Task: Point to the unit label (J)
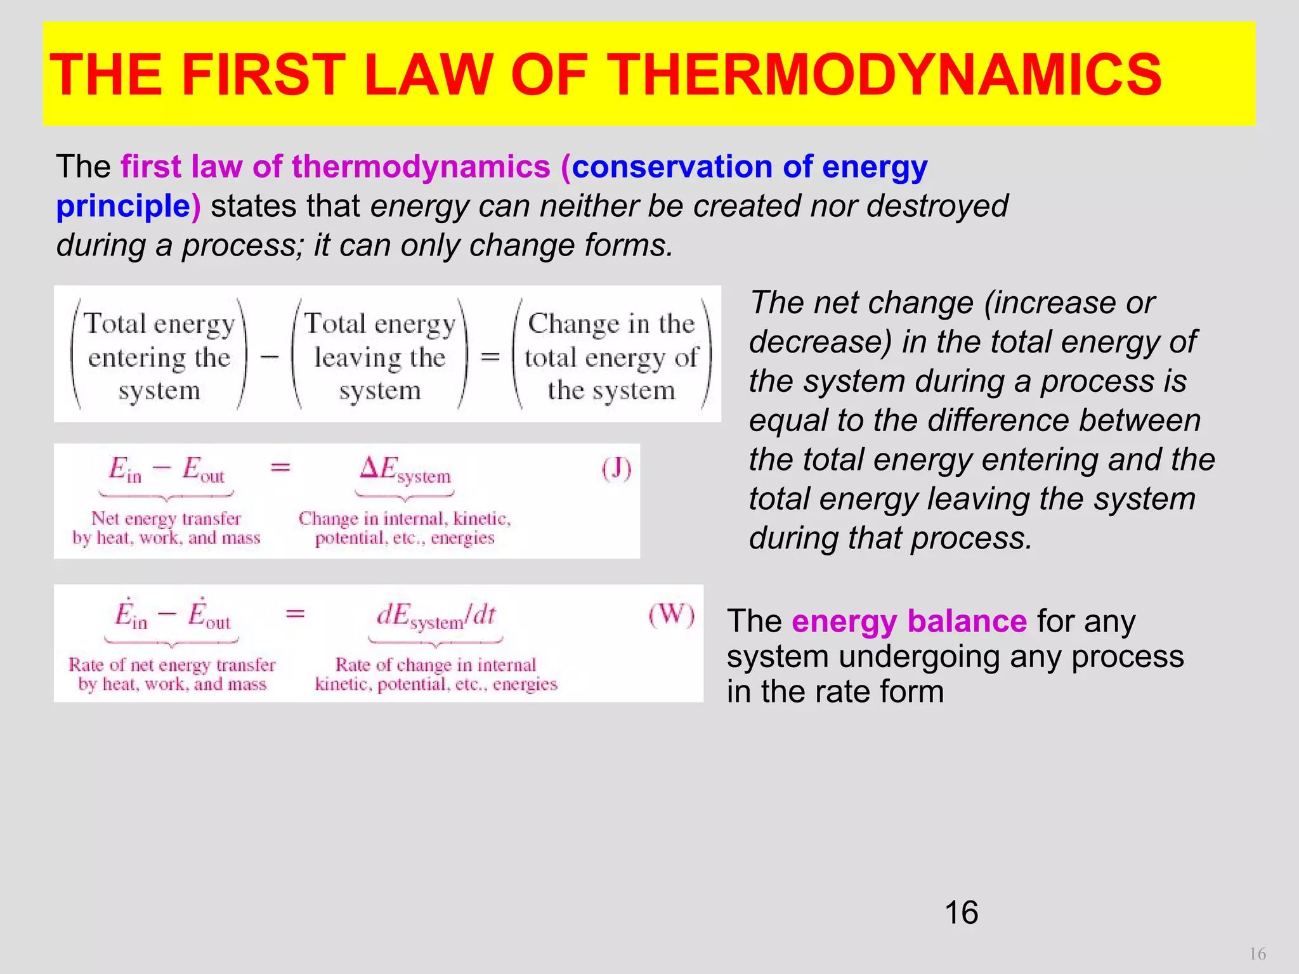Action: (x=616, y=470)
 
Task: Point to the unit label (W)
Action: (x=671, y=615)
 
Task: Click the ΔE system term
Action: (x=405, y=471)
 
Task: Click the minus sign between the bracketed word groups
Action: (x=270, y=357)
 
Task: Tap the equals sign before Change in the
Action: (x=490, y=357)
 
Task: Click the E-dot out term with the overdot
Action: (x=209, y=615)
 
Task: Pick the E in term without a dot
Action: (x=125, y=470)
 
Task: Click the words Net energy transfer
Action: (x=166, y=519)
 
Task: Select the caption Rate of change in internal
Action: (x=436, y=665)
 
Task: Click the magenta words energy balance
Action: (x=908, y=621)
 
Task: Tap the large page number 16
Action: (x=961, y=912)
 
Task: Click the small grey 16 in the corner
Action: (x=1257, y=954)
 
